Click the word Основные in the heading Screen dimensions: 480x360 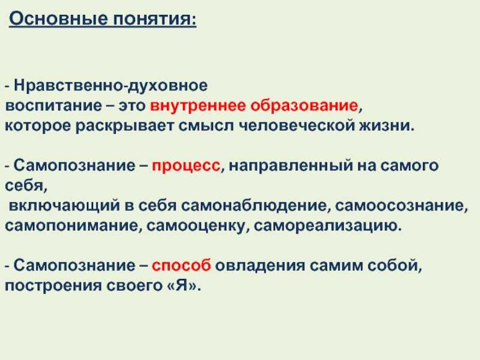coord(58,19)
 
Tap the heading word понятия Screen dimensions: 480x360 coord(153,19)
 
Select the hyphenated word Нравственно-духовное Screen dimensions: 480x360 coord(110,86)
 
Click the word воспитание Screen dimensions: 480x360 coord(53,106)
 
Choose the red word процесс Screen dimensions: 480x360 coord(186,166)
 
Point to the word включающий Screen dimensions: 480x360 coord(64,206)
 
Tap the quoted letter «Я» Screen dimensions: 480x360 coord(182,286)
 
